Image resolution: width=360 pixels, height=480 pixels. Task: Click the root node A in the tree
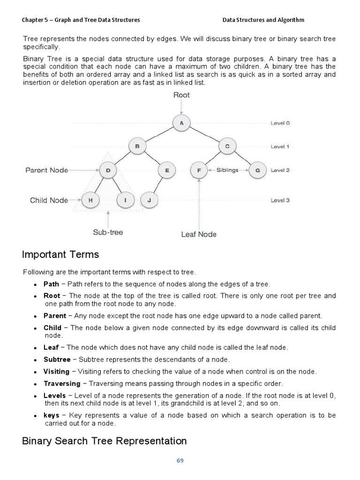click(x=181, y=123)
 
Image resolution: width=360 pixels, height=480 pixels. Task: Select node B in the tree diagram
click(x=137, y=147)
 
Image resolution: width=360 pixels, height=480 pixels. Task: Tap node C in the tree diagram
click(x=227, y=147)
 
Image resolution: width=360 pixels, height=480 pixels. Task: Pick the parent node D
click(x=108, y=171)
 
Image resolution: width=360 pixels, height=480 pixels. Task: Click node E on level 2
click(x=167, y=171)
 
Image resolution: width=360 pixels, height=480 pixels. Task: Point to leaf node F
click(x=199, y=171)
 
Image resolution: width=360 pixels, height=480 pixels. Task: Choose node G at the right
click(x=257, y=171)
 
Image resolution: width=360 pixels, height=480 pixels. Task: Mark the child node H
click(x=90, y=200)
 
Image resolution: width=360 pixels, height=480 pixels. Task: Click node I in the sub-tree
click(x=125, y=200)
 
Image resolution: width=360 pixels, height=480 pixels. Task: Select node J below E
click(x=149, y=200)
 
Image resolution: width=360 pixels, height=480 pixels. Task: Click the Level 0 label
click(x=280, y=123)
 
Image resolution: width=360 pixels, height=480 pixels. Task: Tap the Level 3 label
click(x=280, y=200)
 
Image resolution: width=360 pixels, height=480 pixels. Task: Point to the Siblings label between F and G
click(x=227, y=170)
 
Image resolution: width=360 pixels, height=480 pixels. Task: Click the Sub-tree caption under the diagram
click(x=108, y=232)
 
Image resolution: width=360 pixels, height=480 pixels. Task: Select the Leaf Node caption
click(x=199, y=234)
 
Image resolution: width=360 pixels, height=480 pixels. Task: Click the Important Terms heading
click(x=60, y=255)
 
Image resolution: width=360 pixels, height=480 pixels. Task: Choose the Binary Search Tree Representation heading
click(x=105, y=441)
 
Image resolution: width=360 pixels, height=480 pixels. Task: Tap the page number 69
click(x=180, y=460)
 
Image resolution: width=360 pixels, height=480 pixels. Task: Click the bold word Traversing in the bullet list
click(x=62, y=383)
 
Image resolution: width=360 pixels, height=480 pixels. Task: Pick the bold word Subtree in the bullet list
click(x=57, y=360)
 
